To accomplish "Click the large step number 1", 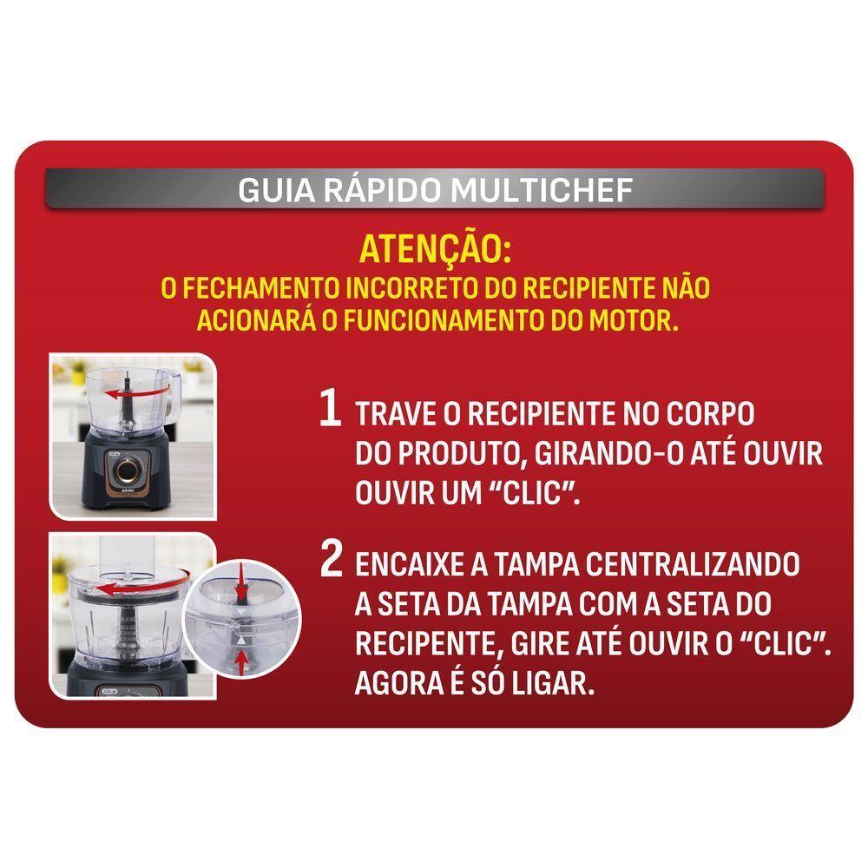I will pos(330,409).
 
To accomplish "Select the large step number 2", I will pos(331,561).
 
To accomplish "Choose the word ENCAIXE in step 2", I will pos(411,565).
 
